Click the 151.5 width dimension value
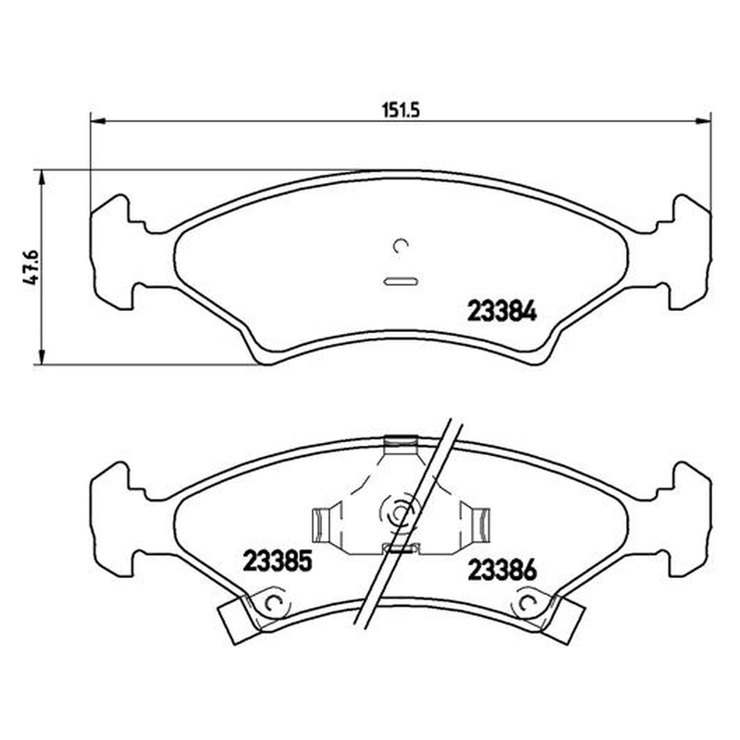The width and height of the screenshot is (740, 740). click(x=401, y=110)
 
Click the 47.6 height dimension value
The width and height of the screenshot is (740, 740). click(x=31, y=267)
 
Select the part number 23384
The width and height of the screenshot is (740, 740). click(x=501, y=312)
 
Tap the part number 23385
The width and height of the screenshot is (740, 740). click(x=277, y=561)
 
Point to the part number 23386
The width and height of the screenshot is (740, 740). click(x=502, y=570)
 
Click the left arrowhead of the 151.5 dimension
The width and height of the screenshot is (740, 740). click(x=97, y=121)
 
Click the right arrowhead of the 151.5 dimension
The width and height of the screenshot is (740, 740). click(x=704, y=121)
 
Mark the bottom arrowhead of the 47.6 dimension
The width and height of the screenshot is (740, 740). click(x=42, y=357)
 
